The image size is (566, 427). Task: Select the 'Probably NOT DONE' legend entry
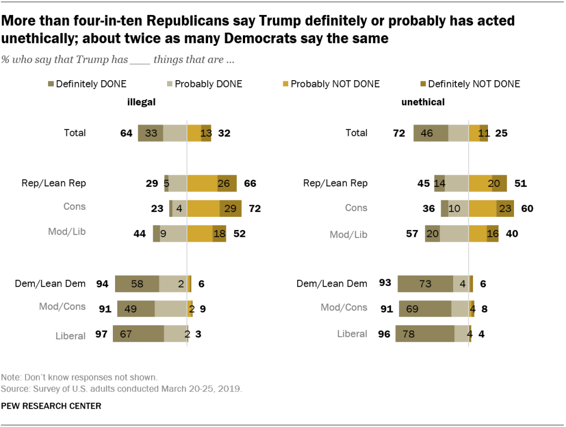click(335, 84)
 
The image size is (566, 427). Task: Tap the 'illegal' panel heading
click(142, 102)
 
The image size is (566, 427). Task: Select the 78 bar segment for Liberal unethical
click(424, 334)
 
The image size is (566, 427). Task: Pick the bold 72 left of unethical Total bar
click(398, 133)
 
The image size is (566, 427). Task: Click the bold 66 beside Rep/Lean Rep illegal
click(250, 183)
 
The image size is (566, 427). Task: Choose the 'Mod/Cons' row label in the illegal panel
click(62, 306)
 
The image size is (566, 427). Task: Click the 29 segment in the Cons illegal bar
click(231, 209)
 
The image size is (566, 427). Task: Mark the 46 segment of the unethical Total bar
click(430, 133)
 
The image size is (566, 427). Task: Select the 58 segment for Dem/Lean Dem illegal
click(137, 284)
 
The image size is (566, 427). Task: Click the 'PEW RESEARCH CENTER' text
click(51, 406)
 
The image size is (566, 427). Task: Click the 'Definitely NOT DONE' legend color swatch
click(423, 84)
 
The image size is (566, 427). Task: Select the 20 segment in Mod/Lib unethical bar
click(432, 234)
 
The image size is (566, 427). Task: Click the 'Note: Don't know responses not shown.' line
click(79, 378)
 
